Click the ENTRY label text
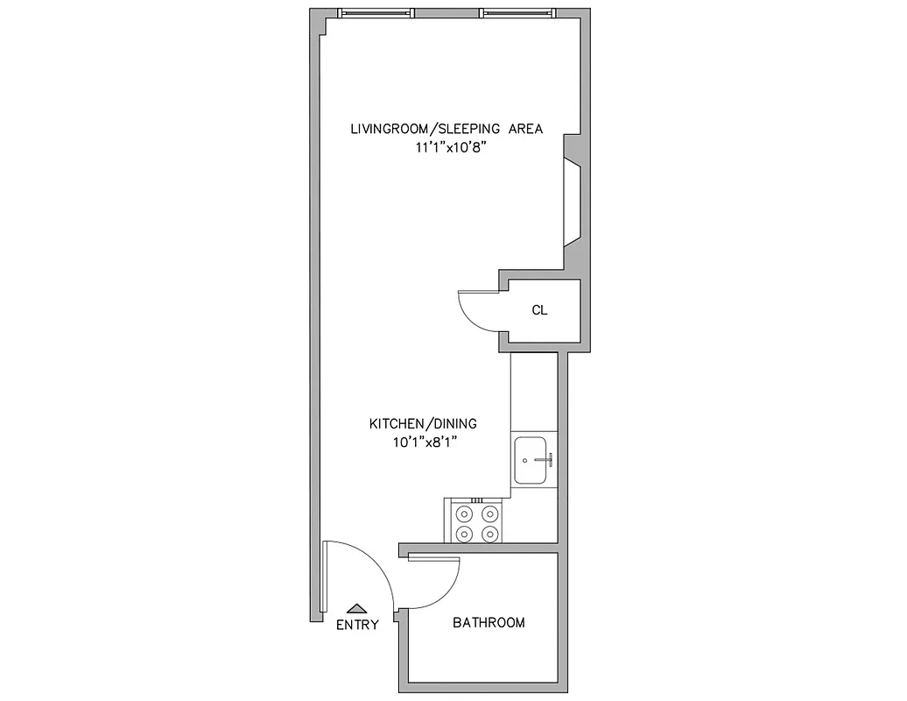(x=357, y=625)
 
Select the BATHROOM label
(x=489, y=623)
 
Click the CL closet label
(x=540, y=310)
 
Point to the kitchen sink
(x=533, y=460)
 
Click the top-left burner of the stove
(x=464, y=514)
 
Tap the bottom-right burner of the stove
(x=490, y=533)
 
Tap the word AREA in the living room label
(x=524, y=129)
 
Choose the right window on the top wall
(x=517, y=13)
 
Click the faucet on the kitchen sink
(x=543, y=458)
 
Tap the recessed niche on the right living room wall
(x=573, y=202)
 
